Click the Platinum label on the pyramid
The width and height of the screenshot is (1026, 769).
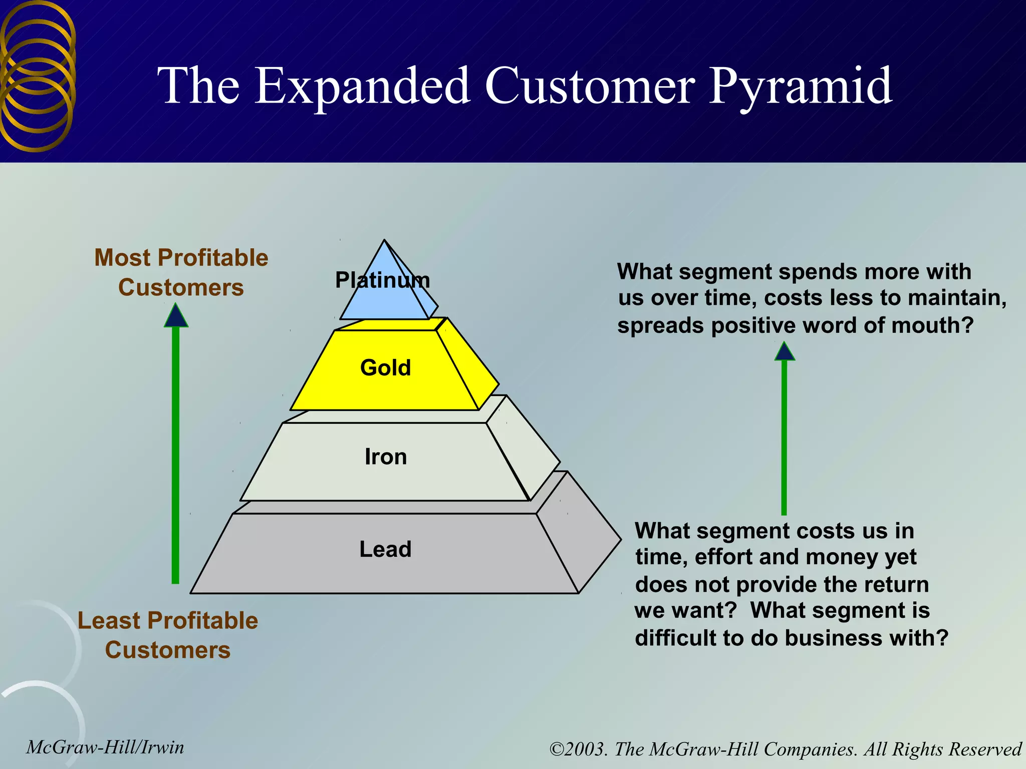tap(382, 280)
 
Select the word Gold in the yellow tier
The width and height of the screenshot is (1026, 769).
tap(385, 368)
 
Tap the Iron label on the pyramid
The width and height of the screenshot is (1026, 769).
tap(385, 457)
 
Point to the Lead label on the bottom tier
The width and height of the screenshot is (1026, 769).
tap(385, 549)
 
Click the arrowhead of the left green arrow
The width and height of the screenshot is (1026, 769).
tap(176, 317)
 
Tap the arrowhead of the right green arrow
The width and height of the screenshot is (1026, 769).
tap(785, 351)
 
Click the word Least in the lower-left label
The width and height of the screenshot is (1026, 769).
tap(108, 621)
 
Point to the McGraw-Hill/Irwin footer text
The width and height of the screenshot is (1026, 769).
tap(105, 747)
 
